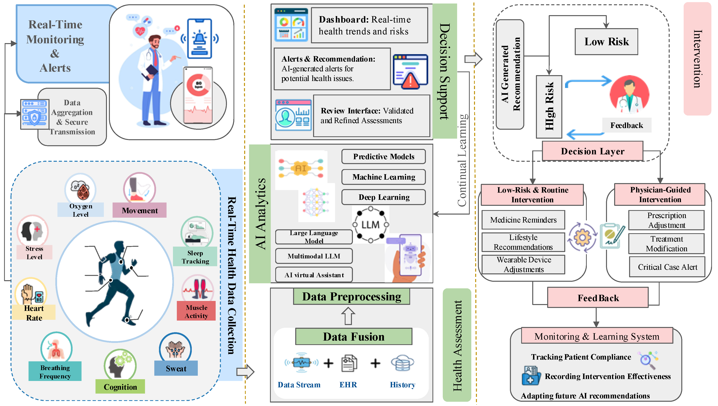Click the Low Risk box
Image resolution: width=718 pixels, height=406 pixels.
pos(606,42)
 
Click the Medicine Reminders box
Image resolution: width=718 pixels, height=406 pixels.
pos(523,220)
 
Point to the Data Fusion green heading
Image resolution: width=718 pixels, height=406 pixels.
pos(353,336)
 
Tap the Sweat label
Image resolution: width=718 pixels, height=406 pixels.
pos(176,368)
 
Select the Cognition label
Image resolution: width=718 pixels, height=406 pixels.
pos(120,387)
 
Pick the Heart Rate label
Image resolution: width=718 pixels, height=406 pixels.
pos(34,313)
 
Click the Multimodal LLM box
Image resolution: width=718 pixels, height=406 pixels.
pos(314,256)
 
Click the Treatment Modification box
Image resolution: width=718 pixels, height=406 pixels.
pos(666,243)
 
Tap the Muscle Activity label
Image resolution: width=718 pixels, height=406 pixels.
pos(196,311)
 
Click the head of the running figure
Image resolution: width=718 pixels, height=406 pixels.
pos(120,247)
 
